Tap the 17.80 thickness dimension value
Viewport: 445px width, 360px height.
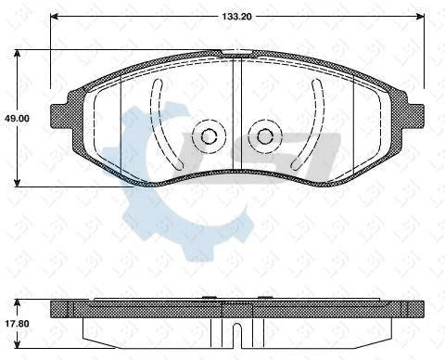(x=17, y=323)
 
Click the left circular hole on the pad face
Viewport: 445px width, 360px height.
(x=209, y=137)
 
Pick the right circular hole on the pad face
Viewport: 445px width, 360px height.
(x=266, y=137)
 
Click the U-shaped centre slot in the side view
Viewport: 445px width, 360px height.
(x=238, y=333)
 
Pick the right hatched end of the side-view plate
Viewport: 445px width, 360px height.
(x=413, y=309)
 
